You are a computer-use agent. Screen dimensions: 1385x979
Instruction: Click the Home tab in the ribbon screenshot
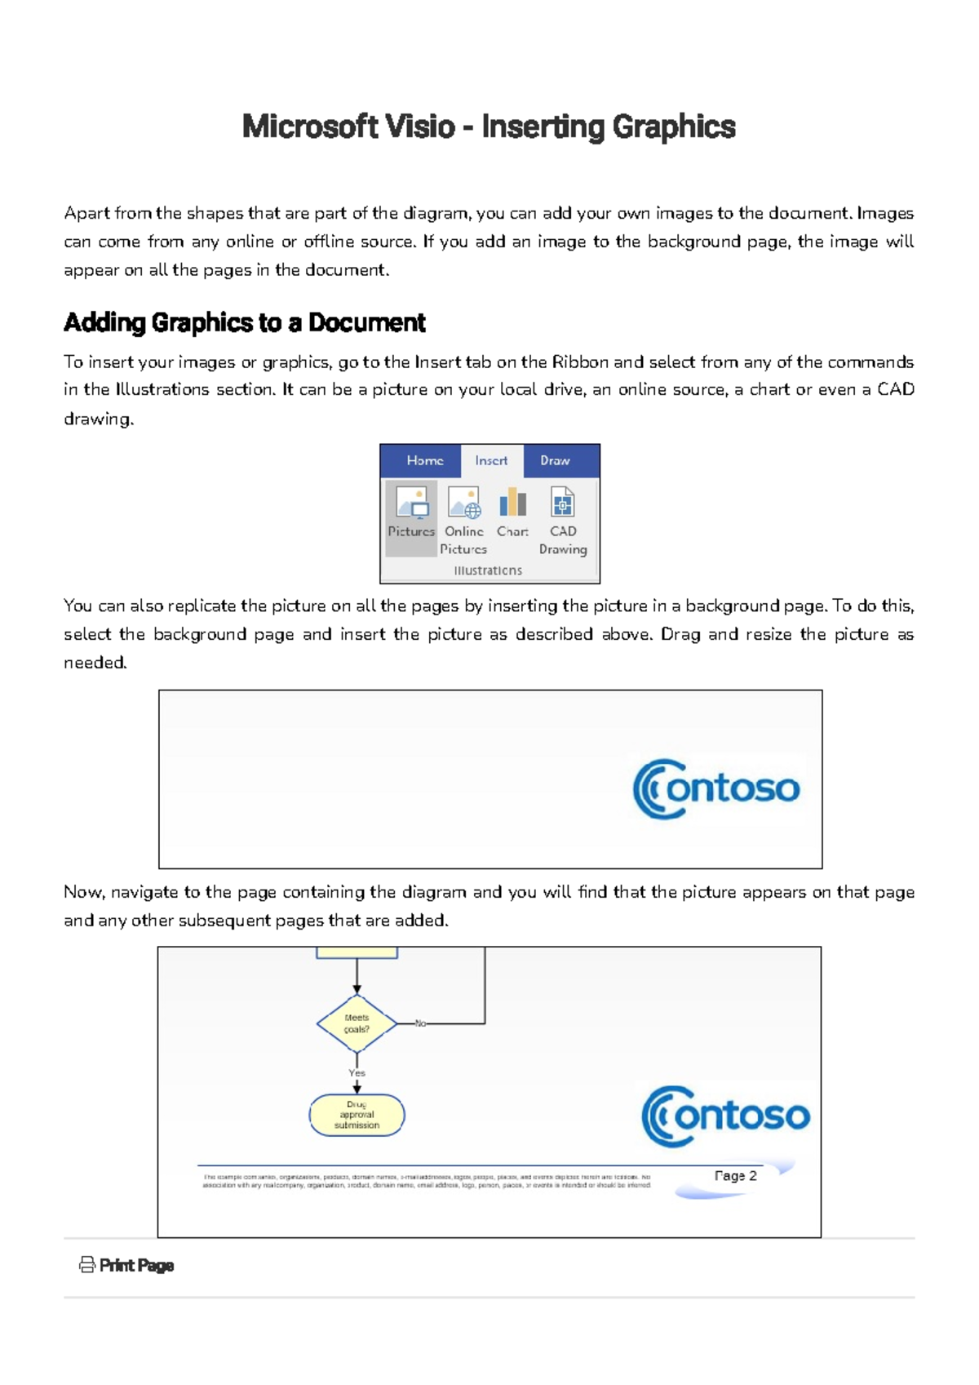(425, 460)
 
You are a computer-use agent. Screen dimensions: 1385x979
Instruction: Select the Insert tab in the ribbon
(491, 460)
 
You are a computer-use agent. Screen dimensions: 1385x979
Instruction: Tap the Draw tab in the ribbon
(555, 460)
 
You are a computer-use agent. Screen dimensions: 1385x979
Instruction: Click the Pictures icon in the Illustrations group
(412, 503)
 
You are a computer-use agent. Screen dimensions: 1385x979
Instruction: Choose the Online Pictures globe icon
(464, 503)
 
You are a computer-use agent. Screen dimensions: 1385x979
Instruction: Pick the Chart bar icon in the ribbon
(512, 502)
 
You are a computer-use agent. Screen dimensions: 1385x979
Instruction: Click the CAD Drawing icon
(563, 503)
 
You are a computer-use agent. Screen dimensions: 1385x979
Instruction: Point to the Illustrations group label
(488, 570)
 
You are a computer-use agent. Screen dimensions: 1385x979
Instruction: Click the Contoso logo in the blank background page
(716, 788)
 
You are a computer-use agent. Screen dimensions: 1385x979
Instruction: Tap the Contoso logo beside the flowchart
(725, 1116)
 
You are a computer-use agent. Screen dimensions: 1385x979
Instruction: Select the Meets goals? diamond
(357, 1023)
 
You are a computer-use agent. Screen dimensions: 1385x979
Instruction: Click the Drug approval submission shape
(357, 1115)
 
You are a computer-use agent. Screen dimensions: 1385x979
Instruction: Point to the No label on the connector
(420, 1023)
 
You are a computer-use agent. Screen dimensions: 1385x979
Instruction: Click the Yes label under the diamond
(357, 1073)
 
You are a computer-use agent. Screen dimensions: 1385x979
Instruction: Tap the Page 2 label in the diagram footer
(735, 1176)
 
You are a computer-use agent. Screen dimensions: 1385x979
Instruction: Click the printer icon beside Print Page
(86, 1265)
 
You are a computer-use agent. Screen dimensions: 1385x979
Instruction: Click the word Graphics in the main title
(674, 127)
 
